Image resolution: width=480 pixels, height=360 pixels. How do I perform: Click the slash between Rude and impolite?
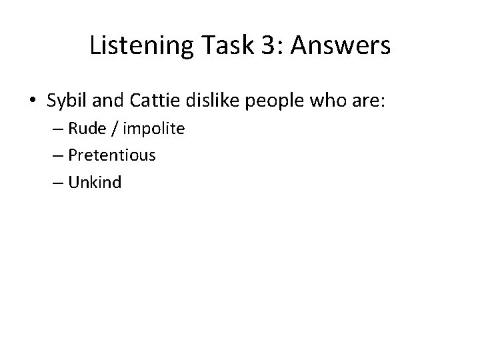117,129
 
